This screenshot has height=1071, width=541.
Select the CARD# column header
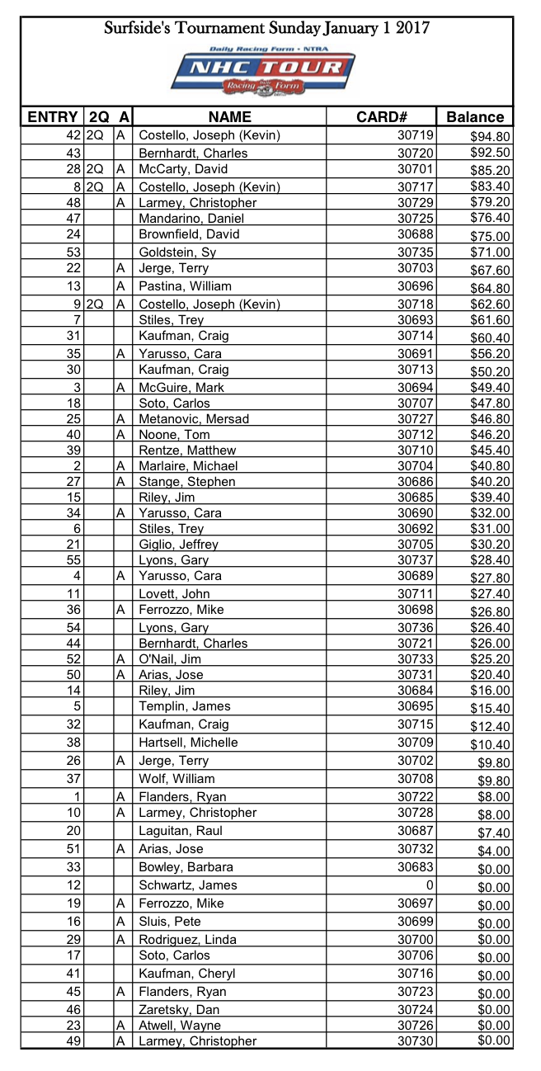pyautogui.click(x=382, y=116)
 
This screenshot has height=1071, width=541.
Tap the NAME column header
pyautogui.click(x=229, y=116)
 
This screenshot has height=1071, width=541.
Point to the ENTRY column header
pyautogui.click(x=52, y=116)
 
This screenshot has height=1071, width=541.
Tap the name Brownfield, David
pyautogui.click(x=189, y=234)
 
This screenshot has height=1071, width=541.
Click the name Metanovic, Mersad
pyautogui.click(x=194, y=419)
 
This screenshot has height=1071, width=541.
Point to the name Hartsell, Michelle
pyautogui.click(x=188, y=743)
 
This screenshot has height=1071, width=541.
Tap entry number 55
pyautogui.click(x=73, y=559)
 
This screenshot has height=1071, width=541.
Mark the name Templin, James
pyautogui.click(x=185, y=706)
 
